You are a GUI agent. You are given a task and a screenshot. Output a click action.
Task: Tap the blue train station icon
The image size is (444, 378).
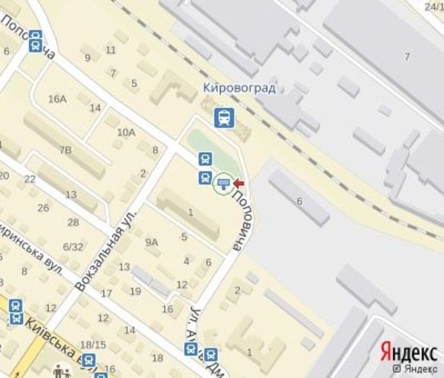pos(224,119)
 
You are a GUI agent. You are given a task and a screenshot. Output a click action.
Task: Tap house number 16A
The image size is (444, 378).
pos(57,99)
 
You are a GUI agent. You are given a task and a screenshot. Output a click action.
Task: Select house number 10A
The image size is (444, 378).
pos(126,132)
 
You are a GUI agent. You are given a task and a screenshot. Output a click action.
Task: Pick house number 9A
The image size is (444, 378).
pos(151,242)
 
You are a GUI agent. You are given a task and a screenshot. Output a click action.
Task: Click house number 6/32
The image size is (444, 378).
pos(74,246)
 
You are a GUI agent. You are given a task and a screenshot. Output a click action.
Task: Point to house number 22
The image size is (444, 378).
pos(30,179)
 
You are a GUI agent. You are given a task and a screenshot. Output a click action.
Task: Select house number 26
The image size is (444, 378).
pos(43,208)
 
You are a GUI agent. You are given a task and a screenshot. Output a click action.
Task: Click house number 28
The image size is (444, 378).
pos(73,222)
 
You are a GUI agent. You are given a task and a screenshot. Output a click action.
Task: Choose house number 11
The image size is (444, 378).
pos(110,50)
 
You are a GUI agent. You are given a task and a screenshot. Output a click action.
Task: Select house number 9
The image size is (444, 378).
pos(87,58)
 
